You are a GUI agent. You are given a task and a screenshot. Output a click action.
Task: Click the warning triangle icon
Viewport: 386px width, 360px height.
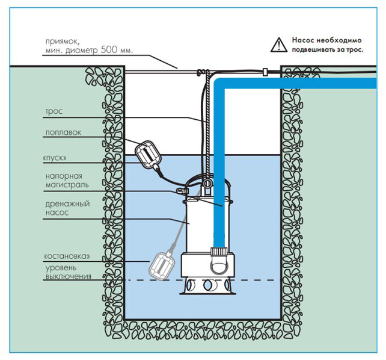click(278, 44)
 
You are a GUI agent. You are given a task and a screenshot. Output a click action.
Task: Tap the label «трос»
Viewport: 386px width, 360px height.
click(54, 112)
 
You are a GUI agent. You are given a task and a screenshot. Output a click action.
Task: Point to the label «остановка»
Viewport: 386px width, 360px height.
click(67, 256)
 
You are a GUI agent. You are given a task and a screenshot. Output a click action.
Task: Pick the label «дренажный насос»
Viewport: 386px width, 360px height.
click(67, 208)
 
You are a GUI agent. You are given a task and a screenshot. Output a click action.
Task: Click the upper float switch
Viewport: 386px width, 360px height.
click(146, 154)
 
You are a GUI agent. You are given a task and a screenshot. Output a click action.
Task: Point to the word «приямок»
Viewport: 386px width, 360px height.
click(63, 41)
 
